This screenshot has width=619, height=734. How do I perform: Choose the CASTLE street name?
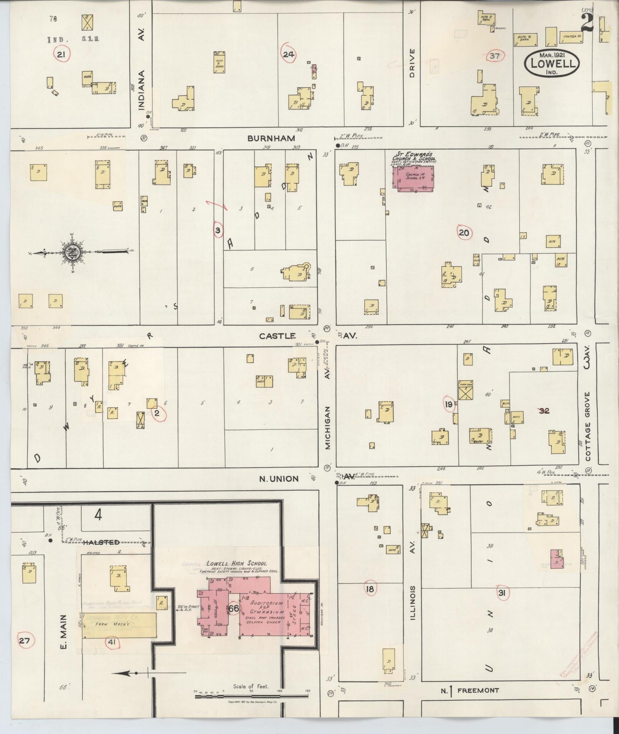click(277, 336)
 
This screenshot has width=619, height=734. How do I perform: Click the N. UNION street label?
click(279, 478)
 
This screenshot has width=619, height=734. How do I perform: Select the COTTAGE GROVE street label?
click(588, 426)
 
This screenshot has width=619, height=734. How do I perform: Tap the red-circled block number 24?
click(288, 55)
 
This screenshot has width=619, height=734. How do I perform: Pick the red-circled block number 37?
click(495, 56)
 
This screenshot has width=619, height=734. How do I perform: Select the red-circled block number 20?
click(464, 233)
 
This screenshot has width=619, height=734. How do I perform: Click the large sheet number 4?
click(98, 515)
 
